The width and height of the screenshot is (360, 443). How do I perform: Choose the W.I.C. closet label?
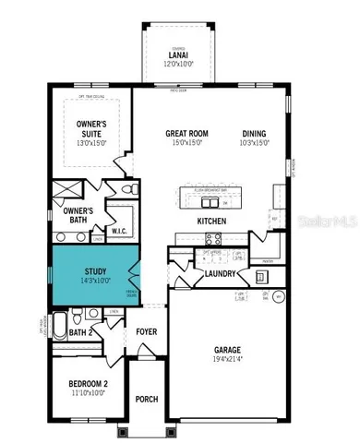point(119,231)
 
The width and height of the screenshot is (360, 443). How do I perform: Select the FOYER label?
point(147,331)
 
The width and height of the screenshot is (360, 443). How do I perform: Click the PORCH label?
point(146,399)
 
